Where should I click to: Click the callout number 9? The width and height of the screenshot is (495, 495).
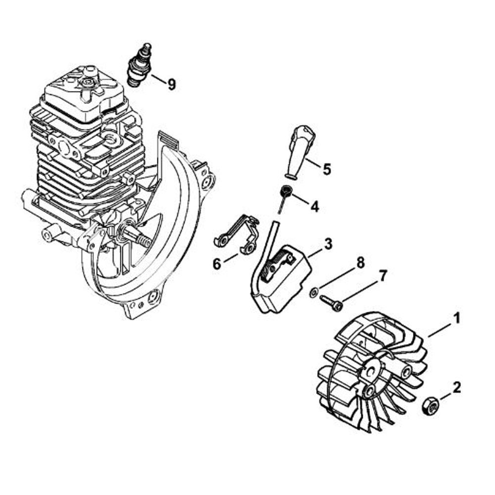171,85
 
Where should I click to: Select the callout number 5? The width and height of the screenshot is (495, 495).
326,169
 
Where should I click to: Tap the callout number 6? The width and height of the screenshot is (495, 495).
217,264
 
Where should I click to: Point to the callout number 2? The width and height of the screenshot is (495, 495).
457,387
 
